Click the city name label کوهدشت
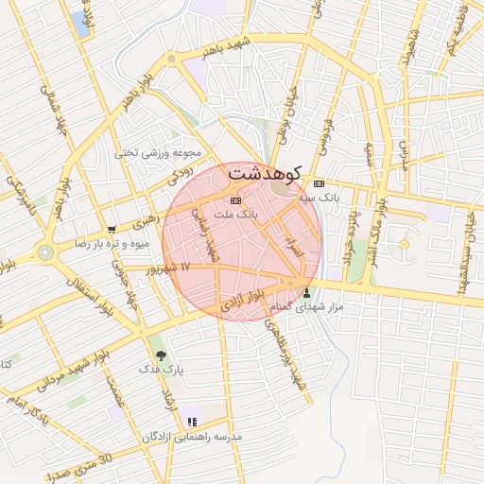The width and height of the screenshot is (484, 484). pyautogui.click(x=264, y=174)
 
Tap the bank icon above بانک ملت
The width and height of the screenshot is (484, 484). pyautogui.click(x=235, y=200)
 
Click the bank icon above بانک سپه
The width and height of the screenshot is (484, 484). pyautogui.click(x=320, y=183)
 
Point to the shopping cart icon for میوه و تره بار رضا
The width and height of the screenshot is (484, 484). pyautogui.click(x=112, y=229)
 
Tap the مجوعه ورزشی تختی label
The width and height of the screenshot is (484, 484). pyautogui.click(x=159, y=152)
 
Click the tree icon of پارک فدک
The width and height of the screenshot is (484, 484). pyautogui.click(x=162, y=355)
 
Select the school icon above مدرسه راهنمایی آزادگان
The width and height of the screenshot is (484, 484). pyautogui.click(x=193, y=422)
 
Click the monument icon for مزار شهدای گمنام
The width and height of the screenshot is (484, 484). pyautogui.click(x=306, y=292)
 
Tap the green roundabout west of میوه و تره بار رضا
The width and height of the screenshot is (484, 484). pyautogui.click(x=44, y=252)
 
